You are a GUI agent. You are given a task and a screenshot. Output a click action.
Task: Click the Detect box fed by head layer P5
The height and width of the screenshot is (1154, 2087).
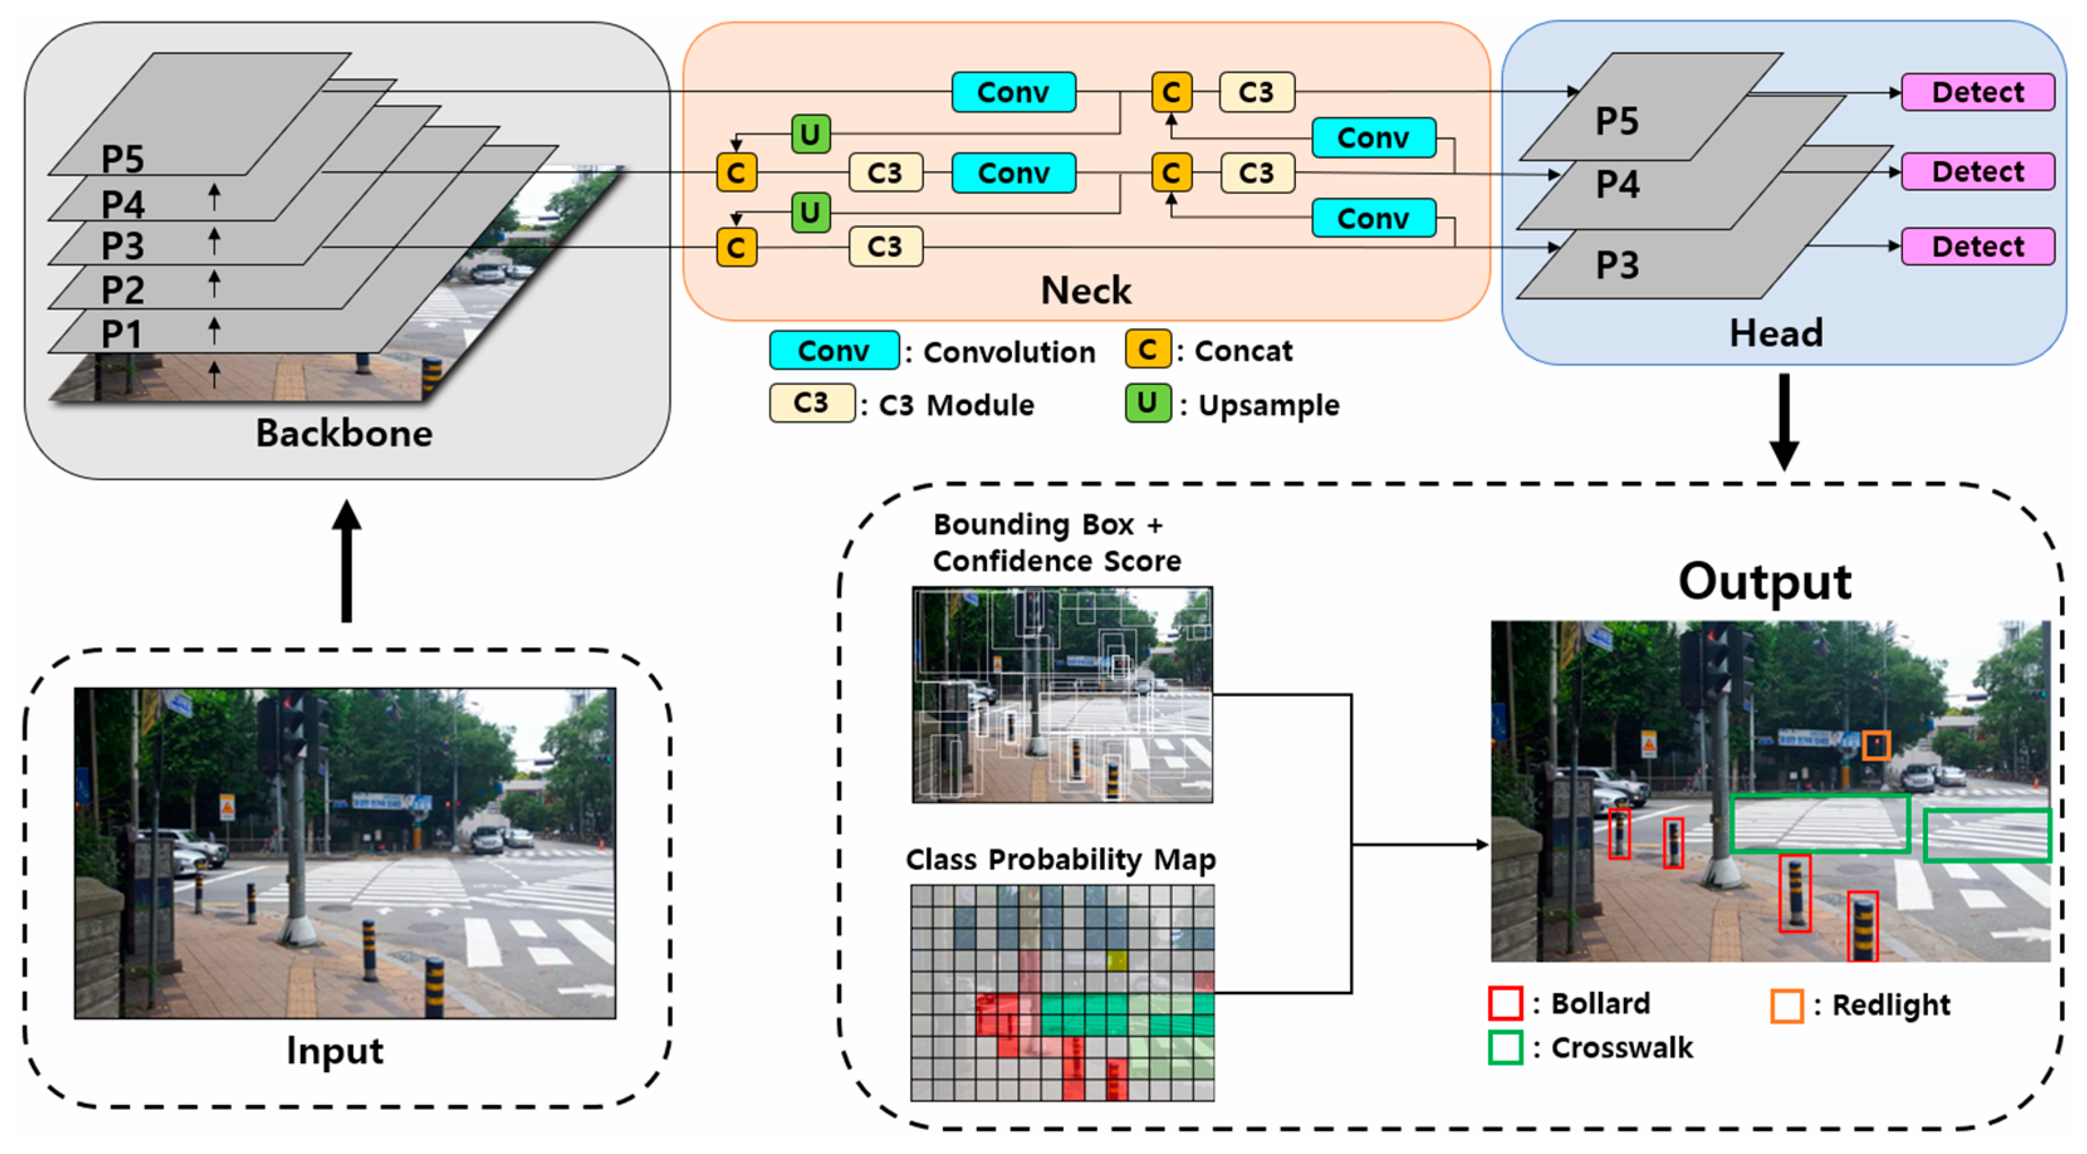1978,92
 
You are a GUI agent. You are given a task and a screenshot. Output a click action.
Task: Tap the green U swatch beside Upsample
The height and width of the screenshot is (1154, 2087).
1147,403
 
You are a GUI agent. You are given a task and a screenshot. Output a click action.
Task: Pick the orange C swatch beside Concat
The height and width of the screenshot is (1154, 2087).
1147,349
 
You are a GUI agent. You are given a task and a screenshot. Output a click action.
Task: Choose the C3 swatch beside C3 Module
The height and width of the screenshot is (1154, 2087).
812,403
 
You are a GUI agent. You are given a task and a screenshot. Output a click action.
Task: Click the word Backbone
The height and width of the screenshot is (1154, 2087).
344,433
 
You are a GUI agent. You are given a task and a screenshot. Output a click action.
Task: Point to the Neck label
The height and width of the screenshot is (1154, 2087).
1086,290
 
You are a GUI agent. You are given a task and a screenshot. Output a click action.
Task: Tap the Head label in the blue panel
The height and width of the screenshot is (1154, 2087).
1776,333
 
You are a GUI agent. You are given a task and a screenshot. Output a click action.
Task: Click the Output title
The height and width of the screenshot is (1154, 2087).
1765,582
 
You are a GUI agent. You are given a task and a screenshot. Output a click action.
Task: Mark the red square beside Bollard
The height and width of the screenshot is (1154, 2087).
1505,1003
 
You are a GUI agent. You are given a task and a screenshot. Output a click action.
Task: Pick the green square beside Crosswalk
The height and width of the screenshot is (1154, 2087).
1505,1047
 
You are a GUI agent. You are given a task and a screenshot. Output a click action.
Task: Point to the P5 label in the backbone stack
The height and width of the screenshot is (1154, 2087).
123,158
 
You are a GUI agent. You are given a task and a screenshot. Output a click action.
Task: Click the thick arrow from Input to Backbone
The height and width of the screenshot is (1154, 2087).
347,561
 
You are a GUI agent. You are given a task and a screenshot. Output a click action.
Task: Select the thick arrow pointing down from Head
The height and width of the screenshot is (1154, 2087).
1784,422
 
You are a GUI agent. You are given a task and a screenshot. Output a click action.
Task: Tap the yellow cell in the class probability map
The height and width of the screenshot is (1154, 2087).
1116,961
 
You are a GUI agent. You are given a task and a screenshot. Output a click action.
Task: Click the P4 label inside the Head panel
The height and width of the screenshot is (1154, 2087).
1617,184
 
